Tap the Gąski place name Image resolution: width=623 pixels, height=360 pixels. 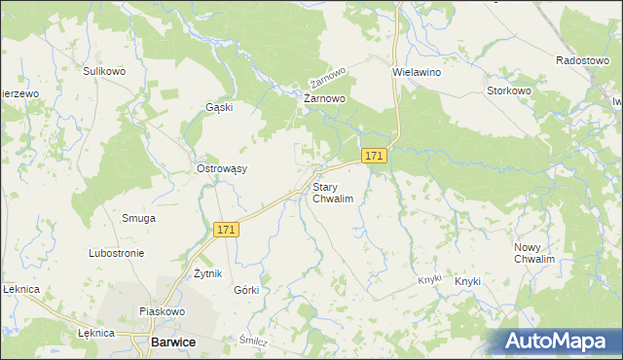(x=219, y=107)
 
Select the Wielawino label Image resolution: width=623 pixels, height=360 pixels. (x=417, y=72)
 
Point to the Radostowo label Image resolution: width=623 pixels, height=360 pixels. (x=582, y=59)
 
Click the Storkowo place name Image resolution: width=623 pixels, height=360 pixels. (x=509, y=90)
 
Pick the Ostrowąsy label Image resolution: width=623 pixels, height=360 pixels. (x=222, y=168)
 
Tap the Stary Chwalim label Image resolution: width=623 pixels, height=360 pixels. (x=332, y=192)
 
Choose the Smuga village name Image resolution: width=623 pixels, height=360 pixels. (x=138, y=218)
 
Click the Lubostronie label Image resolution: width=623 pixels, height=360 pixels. (x=116, y=253)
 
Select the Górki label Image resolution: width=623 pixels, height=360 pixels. (x=246, y=290)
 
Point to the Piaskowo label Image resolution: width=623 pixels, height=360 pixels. (x=162, y=311)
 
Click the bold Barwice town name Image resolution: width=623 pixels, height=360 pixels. (x=173, y=342)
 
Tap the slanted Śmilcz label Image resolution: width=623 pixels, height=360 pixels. (x=254, y=342)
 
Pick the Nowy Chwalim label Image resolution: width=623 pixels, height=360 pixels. (x=534, y=253)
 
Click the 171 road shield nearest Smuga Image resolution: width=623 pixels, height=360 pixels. (x=226, y=229)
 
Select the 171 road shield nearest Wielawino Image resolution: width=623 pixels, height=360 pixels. (x=375, y=156)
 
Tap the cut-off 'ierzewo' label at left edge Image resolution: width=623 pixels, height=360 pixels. (x=19, y=93)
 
